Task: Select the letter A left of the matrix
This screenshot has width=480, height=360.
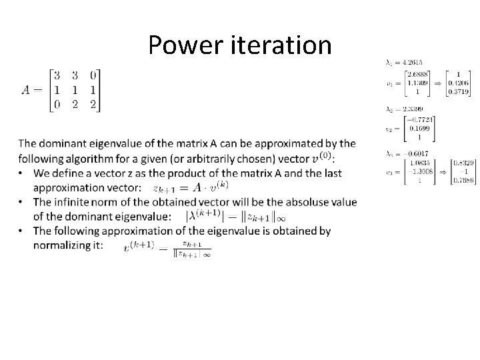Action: pos(27,91)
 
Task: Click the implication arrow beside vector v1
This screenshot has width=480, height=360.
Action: pos(438,83)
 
